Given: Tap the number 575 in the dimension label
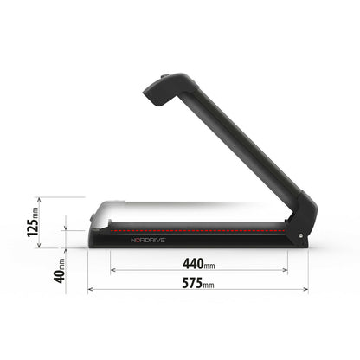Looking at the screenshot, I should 198,283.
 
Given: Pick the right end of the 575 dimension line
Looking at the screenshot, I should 309,291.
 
